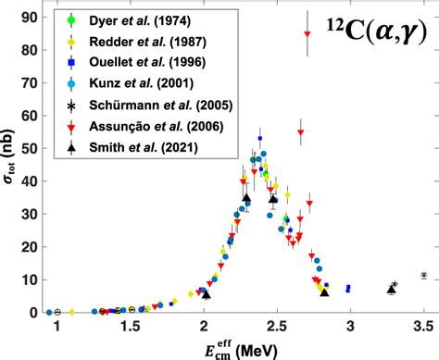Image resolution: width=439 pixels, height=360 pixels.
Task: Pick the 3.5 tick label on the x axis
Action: [423, 326]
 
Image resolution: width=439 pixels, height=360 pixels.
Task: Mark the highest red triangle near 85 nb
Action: [307, 33]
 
